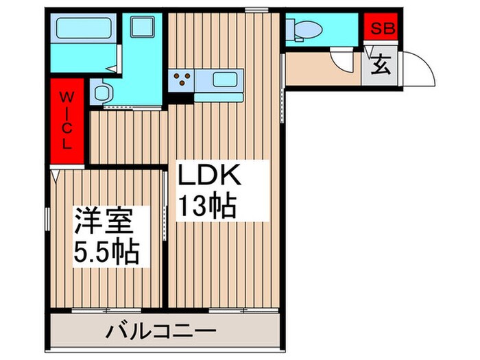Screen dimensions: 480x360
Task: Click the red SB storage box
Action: tap(381, 27)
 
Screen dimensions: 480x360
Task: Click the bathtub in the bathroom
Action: tap(84, 28)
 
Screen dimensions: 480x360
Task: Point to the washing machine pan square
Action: tap(142, 27)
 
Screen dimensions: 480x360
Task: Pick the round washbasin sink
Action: tap(101, 92)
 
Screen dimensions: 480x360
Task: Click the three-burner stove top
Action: tap(182, 79)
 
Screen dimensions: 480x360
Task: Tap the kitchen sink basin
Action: tap(224, 80)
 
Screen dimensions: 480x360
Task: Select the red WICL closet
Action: tap(67, 121)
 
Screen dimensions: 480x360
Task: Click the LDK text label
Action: tap(209, 174)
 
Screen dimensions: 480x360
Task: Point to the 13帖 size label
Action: tap(208, 205)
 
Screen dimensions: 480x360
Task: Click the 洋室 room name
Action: tap(104, 221)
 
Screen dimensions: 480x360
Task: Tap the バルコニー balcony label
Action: tap(160, 332)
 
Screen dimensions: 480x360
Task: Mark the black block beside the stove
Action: tap(181, 98)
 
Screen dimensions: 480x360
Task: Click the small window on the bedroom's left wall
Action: tap(47, 219)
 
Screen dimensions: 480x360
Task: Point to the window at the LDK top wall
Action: tap(256, 10)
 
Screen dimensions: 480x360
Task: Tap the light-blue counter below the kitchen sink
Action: tap(219, 97)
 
